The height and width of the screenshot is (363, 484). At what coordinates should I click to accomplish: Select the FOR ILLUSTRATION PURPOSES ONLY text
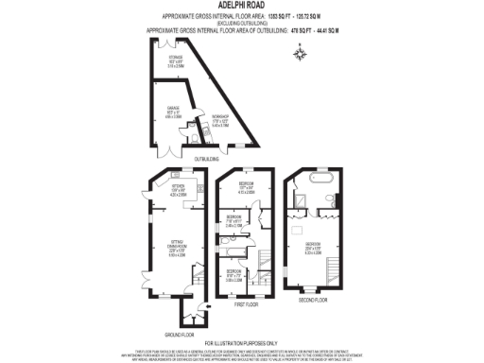point(241,342)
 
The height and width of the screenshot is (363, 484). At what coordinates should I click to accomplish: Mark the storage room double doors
point(169,43)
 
